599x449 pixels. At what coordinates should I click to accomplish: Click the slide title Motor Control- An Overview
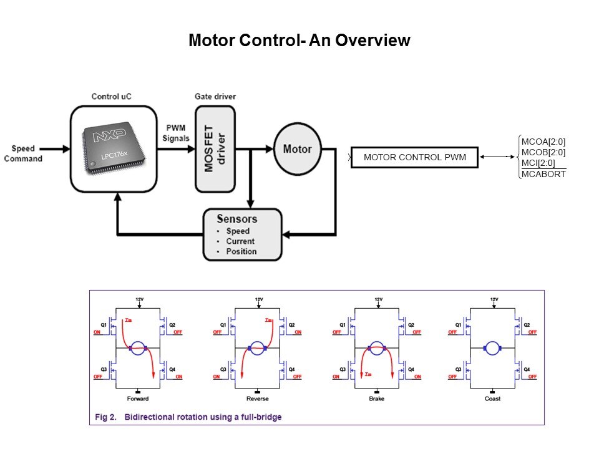299,41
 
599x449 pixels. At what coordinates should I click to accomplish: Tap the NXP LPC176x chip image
112,148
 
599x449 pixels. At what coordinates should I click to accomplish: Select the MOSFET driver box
215,148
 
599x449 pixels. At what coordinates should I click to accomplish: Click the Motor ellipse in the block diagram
297,149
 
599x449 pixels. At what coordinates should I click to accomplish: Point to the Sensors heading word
236,219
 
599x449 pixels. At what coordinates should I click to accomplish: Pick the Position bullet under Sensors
241,251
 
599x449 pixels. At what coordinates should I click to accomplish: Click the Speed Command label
23,153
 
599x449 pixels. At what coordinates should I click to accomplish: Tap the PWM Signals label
175,133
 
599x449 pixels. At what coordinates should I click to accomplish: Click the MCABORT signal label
543,174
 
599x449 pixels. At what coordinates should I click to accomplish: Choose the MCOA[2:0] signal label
543,142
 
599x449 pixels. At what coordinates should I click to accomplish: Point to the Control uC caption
112,96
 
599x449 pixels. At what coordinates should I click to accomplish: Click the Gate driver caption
215,96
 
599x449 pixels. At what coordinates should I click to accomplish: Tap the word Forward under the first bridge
138,398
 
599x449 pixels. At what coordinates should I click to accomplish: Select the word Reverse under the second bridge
258,398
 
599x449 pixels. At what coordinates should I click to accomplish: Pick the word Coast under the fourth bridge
494,398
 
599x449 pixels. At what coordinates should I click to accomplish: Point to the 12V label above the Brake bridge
378,299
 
